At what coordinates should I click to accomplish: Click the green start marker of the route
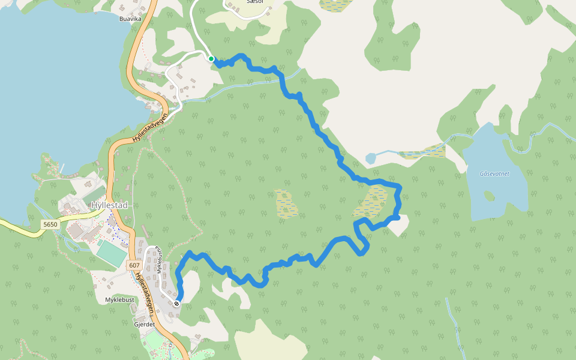point(211,58)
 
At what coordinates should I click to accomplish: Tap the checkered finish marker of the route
point(176,304)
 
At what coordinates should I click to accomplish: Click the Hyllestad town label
point(109,205)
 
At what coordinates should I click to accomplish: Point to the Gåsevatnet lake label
point(494,174)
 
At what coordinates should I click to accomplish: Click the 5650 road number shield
point(51,224)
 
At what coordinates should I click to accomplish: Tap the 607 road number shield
point(134,265)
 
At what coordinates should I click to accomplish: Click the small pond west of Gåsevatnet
point(370,159)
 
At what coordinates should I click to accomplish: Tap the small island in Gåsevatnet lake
point(490,196)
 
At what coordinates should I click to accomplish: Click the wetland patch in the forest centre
point(286,203)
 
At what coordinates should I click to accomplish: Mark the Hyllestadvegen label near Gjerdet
point(145,294)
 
